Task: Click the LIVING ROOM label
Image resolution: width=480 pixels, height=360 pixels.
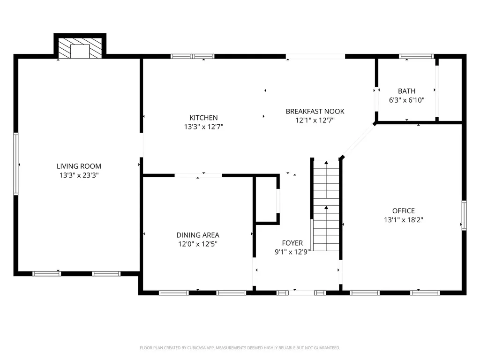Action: click(x=79, y=166)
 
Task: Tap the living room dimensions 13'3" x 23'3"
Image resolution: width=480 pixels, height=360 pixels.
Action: click(x=79, y=175)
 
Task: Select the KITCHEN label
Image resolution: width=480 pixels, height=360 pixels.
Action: click(x=203, y=118)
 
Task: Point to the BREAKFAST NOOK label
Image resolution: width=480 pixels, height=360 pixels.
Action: click(x=315, y=111)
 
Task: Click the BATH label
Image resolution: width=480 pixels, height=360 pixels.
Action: click(x=406, y=91)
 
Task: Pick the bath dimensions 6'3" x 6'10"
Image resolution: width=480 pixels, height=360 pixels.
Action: click(x=406, y=100)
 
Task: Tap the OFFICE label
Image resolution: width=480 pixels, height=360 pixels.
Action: click(x=403, y=211)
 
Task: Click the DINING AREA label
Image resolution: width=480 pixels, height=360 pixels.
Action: click(x=197, y=235)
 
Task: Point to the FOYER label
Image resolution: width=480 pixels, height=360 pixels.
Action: click(x=292, y=243)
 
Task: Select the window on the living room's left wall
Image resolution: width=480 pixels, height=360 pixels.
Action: click(x=16, y=164)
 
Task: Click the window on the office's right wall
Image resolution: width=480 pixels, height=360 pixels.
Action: click(x=464, y=215)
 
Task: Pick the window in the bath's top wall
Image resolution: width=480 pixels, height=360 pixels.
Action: click(x=416, y=56)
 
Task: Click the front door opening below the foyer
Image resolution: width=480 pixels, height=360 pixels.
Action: click(x=301, y=292)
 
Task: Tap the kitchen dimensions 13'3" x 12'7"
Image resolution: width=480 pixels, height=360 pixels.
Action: click(x=203, y=127)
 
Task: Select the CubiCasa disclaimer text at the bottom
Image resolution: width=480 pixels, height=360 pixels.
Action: click(x=240, y=348)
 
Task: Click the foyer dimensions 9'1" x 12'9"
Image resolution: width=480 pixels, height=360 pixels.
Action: click(x=292, y=252)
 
